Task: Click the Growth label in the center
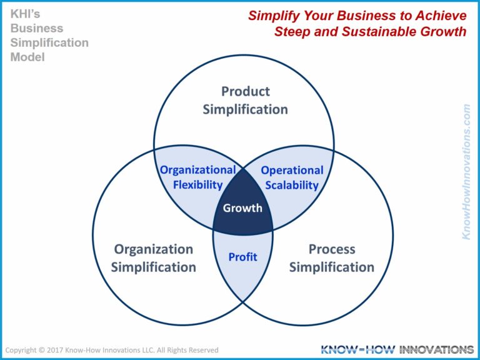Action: [243, 207]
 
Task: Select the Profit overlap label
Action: [242, 256]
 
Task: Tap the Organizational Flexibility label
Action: [197, 177]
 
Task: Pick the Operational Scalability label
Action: [292, 177]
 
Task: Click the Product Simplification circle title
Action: [245, 100]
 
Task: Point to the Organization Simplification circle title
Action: [154, 258]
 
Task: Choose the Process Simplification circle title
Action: [332, 258]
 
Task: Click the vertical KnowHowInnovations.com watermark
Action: [466, 171]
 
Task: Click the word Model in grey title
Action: [27, 57]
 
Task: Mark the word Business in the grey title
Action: [36, 29]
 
